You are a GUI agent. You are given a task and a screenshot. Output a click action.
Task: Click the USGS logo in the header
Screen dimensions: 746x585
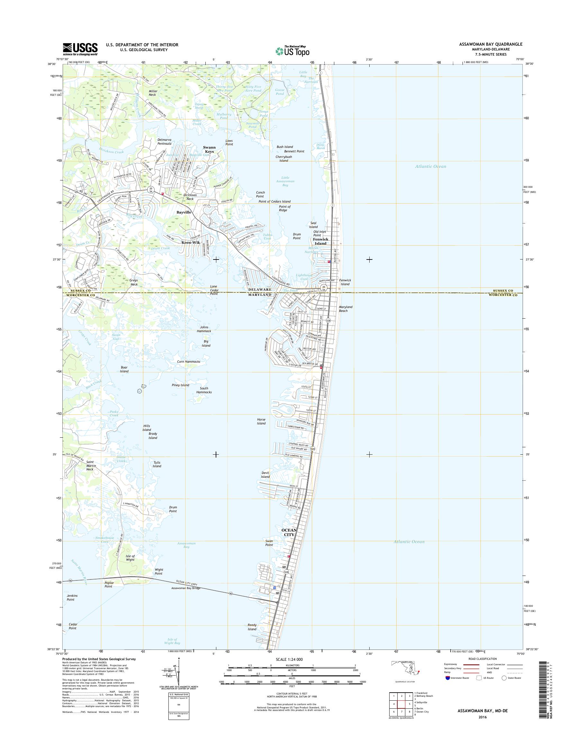(x=80, y=49)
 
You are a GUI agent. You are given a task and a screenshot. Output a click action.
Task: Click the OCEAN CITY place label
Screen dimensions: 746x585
(x=289, y=532)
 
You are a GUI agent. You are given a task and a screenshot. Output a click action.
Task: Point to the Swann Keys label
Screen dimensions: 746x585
(x=209, y=150)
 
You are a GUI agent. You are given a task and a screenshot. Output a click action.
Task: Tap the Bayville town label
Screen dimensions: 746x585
(x=184, y=213)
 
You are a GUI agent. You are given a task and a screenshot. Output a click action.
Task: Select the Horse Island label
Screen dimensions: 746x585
(x=261, y=421)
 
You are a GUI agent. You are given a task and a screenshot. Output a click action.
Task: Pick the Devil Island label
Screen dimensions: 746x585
(x=265, y=475)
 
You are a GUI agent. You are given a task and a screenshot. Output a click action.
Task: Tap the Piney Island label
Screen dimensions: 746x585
(x=181, y=385)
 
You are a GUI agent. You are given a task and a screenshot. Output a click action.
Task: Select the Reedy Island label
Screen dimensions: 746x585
(x=252, y=627)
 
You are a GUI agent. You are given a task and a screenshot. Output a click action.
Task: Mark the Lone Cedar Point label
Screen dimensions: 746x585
(x=214, y=290)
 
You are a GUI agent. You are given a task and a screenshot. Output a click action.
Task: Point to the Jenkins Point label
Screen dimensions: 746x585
(x=71, y=598)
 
